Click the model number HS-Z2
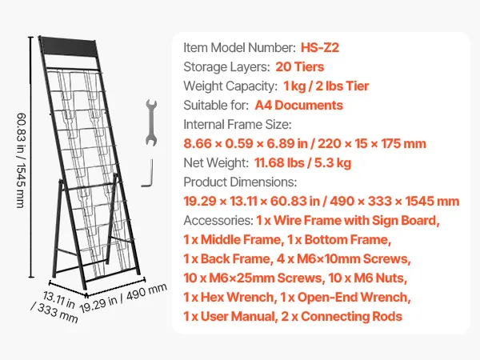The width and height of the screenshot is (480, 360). tap(320, 47)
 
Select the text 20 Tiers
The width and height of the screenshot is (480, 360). tap(300, 66)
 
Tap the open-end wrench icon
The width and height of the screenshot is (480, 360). tap(151, 122)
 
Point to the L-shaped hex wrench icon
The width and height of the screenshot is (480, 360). tap(147, 173)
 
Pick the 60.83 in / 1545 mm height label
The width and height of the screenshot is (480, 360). tap(21, 161)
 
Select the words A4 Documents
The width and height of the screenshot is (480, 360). tap(298, 106)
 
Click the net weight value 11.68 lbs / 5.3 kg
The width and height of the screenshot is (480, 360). tap(302, 163)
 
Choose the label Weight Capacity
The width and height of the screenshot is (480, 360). tap(230, 86)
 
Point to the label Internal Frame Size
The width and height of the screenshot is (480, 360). tap(238, 125)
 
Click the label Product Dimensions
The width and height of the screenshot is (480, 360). tap(240, 182)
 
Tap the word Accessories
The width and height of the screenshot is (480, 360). tap(218, 221)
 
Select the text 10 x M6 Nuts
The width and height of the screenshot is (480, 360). tap(368, 278)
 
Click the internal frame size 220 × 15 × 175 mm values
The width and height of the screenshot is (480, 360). tap(372, 143)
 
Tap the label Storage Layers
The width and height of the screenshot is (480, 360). tap(227, 67)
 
